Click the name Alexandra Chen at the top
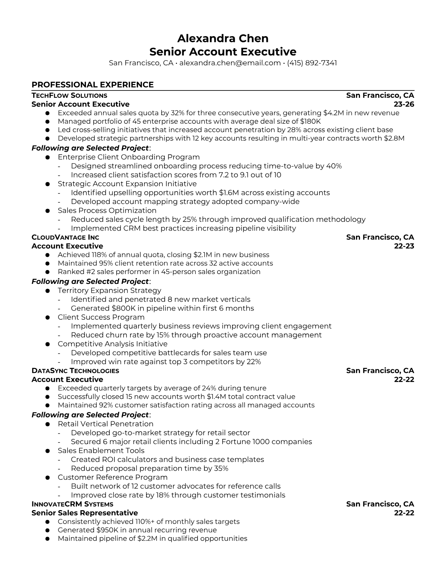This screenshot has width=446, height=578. [223, 38]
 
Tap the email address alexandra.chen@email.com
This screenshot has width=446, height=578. [230, 63]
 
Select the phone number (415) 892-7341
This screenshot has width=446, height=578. [312, 63]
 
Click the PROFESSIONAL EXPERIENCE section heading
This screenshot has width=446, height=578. [93, 85]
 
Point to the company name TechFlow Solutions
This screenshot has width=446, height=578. [69, 96]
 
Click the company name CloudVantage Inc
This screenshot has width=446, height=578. [65, 237]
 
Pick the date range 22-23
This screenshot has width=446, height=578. [404, 246]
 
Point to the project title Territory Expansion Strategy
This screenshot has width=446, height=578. [109, 290]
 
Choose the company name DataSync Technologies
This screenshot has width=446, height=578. [75, 371]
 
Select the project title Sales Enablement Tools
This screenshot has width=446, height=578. [101, 451]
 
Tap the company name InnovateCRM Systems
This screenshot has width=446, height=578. [73, 504]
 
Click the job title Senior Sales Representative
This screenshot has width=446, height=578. [85, 513]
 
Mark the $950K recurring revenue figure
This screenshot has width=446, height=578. [106, 530]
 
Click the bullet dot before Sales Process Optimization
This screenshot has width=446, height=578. [47, 211]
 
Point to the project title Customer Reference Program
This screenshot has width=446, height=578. [113, 477]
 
